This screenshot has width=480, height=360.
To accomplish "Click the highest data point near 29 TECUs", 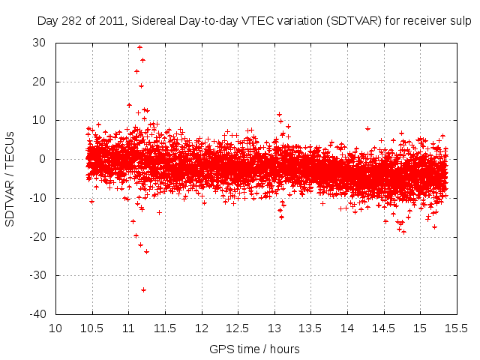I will tap(140, 47).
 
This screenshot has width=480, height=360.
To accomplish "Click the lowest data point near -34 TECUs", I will tap(143, 289).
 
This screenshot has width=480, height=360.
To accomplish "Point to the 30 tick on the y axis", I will tap(56, 43).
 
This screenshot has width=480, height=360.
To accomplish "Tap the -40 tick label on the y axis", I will tap(40, 314).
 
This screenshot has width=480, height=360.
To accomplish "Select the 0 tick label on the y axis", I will tap(46, 159).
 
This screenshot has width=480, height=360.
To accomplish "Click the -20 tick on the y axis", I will tap(56, 237).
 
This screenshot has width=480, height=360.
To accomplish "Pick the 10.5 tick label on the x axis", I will tap(92, 328).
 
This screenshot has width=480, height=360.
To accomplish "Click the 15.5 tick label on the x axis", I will tap(456, 328).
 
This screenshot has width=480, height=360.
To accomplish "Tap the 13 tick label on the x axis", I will tap(274, 328).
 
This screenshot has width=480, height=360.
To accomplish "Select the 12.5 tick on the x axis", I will tap(238, 314).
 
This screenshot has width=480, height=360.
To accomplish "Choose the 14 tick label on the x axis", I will tap(347, 328).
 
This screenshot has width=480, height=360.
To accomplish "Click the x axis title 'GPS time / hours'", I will tap(254, 349).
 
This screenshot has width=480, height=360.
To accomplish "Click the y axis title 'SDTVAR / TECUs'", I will tap(10, 178).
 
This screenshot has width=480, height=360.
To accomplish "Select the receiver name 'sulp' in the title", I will tap(458, 21).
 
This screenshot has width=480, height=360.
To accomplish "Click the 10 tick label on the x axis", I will tap(56, 328).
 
